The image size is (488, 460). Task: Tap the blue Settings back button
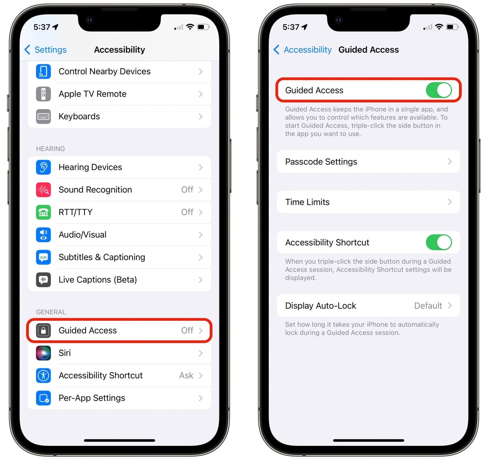46,50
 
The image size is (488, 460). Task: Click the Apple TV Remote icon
43,94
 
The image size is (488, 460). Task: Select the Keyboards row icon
43,117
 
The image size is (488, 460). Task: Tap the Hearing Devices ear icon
43,167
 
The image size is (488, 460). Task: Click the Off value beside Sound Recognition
187,190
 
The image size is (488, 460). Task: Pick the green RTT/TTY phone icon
43,212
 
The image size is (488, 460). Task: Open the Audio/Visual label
83,235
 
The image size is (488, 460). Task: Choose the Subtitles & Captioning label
102,257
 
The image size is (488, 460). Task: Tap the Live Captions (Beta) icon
43,280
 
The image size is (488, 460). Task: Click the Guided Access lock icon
43,330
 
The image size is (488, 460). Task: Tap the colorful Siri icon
43,353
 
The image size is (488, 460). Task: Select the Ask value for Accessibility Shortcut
186,375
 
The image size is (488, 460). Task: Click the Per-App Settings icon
43,398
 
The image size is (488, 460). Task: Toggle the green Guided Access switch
439,90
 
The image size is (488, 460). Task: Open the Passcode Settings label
321,162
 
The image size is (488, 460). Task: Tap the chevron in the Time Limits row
450,202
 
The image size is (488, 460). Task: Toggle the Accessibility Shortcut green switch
439,242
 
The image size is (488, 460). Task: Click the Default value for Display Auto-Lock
428,306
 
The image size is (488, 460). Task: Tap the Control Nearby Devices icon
43,72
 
